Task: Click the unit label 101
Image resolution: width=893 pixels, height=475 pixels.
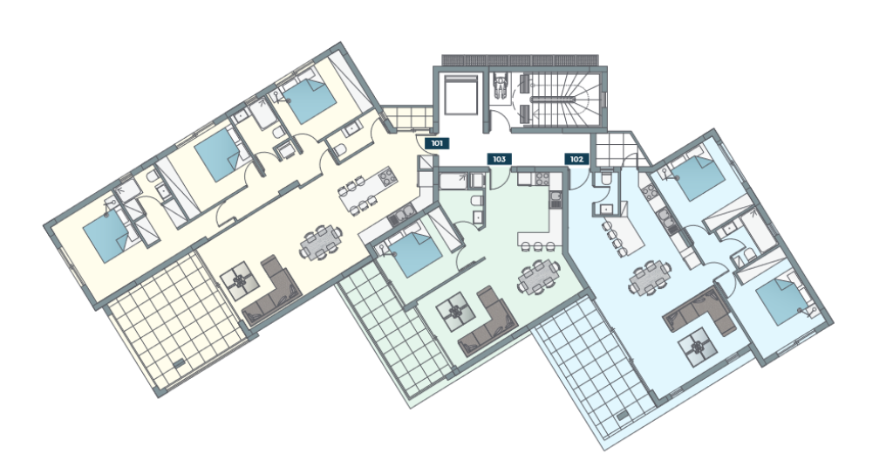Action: tap(437, 144)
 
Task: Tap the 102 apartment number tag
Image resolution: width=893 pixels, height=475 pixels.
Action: tap(576, 159)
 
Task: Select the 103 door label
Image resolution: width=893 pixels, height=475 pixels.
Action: tap(499, 159)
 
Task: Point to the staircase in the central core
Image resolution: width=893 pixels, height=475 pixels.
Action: tap(565, 99)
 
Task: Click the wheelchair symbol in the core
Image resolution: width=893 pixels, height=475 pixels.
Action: tap(501, 87)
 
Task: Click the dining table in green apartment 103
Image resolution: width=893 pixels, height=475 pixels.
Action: tap(536, 277)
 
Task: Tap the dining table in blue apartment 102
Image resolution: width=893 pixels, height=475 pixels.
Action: tap(649, 277)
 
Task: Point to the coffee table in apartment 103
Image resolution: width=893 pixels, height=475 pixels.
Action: tap(456, 312)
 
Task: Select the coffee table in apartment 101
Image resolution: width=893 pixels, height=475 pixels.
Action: tap(241, 280)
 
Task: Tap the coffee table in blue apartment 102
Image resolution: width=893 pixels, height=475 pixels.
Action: tap(698, 348)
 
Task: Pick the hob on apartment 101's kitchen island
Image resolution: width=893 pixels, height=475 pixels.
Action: tap(386, 176)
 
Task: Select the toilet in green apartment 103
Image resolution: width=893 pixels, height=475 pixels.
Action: tap(476, 202)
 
